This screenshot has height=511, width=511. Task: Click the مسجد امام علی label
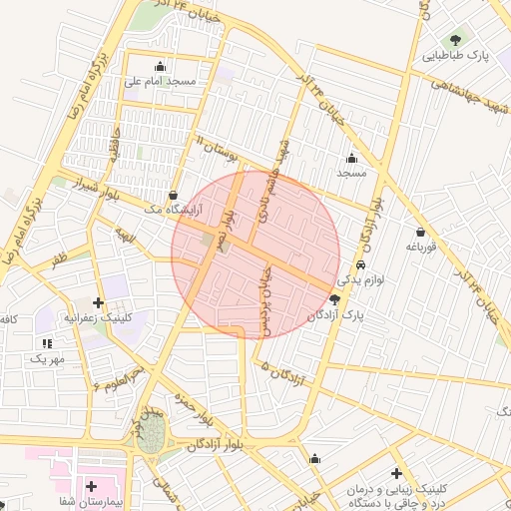click(x=162, y=80)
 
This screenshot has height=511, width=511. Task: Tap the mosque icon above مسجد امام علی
click(x=161, y=66)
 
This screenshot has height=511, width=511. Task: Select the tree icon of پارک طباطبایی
click(x=456, y=40)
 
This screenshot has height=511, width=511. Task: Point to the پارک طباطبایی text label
click(x=457, y=57)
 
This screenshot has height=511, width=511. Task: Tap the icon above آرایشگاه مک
click(x=175, y=195)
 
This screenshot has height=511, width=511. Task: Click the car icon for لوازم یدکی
click(x=360, y=266)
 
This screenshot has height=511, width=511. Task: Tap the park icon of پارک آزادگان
click(x=333, y=298)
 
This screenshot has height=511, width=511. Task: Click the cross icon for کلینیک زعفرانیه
click(x=98, y=302)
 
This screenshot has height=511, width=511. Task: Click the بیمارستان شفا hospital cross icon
click(x=92, y=486)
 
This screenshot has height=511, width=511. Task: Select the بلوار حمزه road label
click(x=197, y=402)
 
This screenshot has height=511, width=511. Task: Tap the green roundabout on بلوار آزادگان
click(x=151, y=436)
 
